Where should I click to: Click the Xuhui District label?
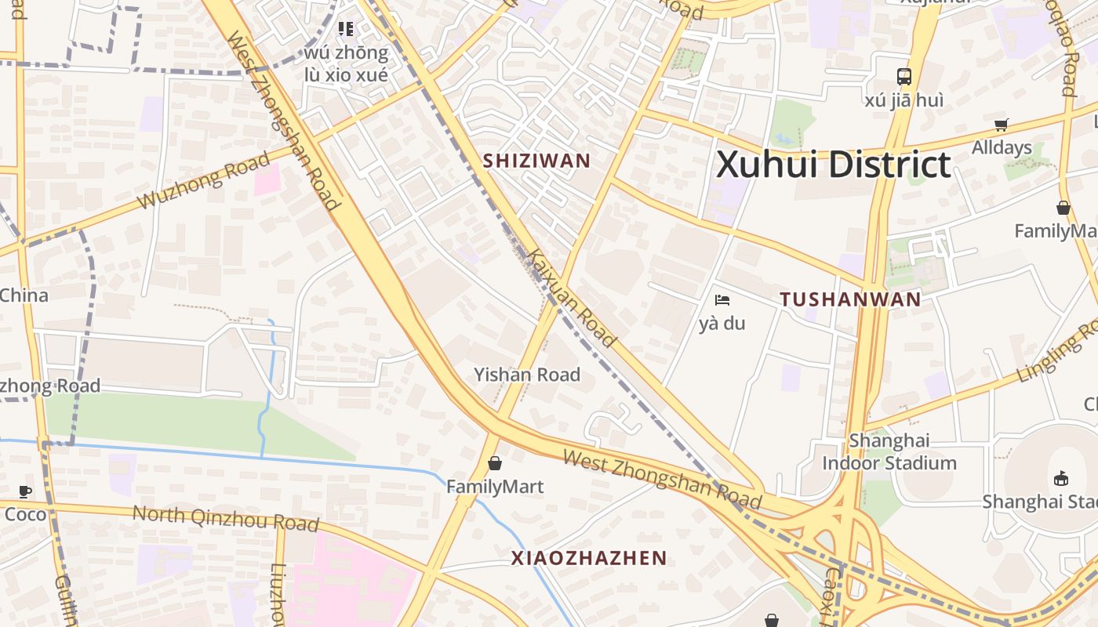click(x=833, y=165)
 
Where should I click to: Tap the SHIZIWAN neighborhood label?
click(x=536, y=161)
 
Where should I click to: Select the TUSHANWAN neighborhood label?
click(x=851, y=299)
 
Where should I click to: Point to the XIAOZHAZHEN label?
click(x=589, y=558)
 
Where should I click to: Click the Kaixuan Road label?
click(x=571, y=298)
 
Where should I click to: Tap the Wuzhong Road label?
click(x=204, y=181)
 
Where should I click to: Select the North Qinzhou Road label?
click(x=225, y=518)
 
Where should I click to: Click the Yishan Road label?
click(x=527, y=375)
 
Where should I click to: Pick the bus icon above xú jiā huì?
click(x=904, y=77)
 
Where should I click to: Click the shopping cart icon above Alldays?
click(x=1002, y=125)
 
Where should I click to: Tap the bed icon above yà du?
click(x=722, y=300)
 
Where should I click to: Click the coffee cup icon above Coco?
click(x=25, y=491)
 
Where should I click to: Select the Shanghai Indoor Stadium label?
click(x=889, y=451)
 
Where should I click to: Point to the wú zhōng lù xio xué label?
click(x=346, y=63)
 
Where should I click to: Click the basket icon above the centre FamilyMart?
click(x=495, y=463)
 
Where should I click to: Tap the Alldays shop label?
click(x=1002, y=147)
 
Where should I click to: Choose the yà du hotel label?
click(x=722, y=323)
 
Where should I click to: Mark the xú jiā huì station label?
click(x=904, y=100)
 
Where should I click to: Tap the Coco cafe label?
click(x=26, y=514)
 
